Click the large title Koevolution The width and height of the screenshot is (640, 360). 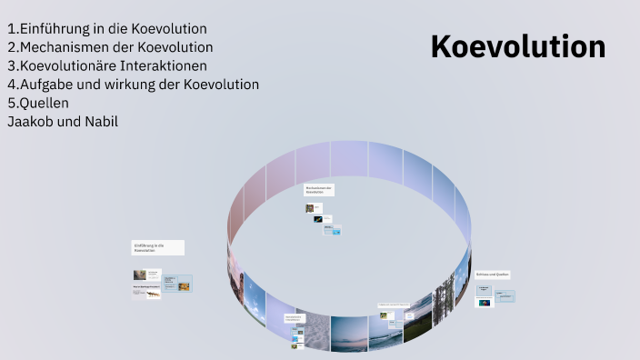[x=517, y=46]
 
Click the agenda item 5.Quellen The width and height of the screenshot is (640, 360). [x=38, y=103]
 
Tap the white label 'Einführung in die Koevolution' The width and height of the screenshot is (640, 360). [x=157, y=247]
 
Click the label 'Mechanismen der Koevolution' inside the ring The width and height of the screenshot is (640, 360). [x=319, y=190]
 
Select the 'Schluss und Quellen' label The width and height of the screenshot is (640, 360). [x=493, y=274]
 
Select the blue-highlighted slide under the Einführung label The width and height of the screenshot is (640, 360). [x=178, y=284]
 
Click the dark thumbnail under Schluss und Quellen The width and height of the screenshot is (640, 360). [x=485, y=302]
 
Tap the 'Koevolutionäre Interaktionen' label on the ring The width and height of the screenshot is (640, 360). [x=293, y=319]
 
